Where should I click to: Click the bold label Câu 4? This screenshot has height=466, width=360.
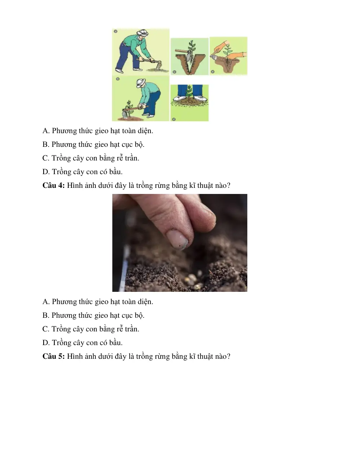[53, 185]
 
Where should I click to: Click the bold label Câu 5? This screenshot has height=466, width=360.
[53, 356]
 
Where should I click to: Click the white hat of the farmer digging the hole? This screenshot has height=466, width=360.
[143, 32]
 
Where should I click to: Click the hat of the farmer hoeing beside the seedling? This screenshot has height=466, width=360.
[141, 83]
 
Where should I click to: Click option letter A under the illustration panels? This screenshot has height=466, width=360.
[46, 131]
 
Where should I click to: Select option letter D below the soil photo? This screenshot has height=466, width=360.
[46, 343]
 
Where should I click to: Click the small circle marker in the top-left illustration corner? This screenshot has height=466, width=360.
[116, 31]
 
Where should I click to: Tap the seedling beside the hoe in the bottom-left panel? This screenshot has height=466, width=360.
[129, 105]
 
